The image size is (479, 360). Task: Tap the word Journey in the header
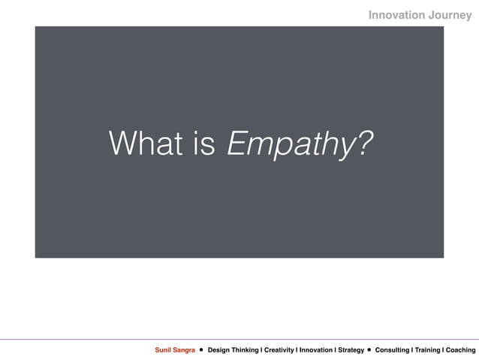449,14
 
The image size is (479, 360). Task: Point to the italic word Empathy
288,144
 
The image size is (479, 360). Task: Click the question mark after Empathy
363,143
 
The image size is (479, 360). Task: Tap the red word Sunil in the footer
164,350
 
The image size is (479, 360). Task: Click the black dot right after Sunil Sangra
201,350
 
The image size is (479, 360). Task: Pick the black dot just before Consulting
369,350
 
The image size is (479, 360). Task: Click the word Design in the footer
220,350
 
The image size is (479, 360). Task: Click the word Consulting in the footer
392,350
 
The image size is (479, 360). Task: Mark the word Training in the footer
426,350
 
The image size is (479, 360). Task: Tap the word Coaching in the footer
460,350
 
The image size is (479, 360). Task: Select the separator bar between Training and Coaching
442,350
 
